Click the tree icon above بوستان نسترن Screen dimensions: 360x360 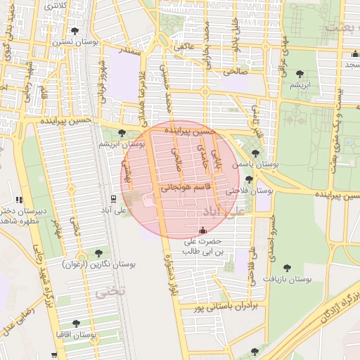click(75, 30)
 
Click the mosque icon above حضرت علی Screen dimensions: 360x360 click(203, 230)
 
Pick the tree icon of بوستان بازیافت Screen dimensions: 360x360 click(286, 267)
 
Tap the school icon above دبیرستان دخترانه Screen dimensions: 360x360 click(19, 200)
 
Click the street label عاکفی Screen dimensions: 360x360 click(184, 46)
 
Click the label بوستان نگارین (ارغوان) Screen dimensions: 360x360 click(98, 264)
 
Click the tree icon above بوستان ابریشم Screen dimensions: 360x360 click(122, 133)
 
